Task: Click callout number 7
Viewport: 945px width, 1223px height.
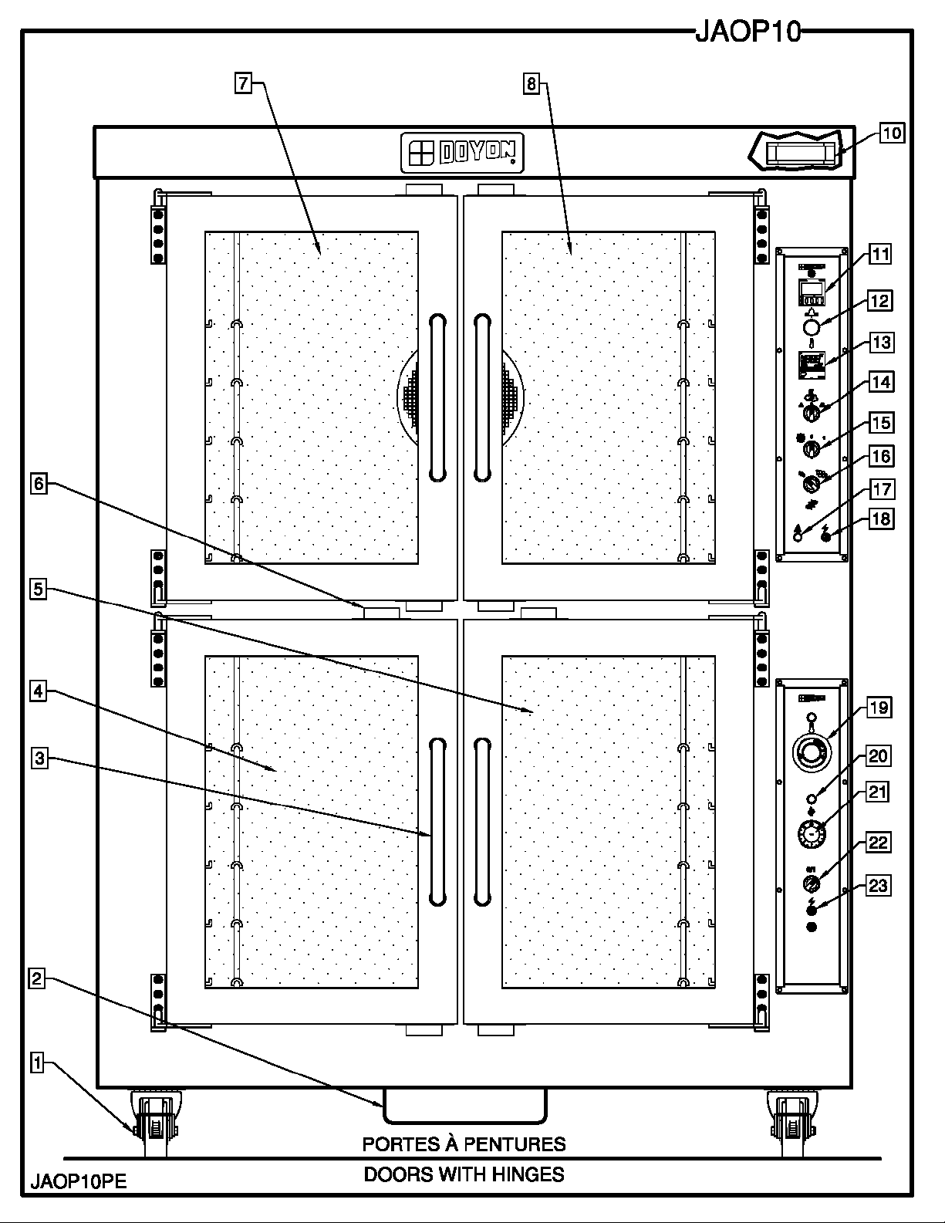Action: pyautogui.click(x=243, y=83)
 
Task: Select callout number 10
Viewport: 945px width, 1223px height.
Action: pyautogui.click(x=891, y=133)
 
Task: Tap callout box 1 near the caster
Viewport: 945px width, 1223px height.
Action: pyautogui.click(x=36, y=1063)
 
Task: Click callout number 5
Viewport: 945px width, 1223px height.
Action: pyautogui.click(x=39, y=590)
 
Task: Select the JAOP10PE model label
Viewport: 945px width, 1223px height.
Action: pyautogui.click(x=79, y=1181)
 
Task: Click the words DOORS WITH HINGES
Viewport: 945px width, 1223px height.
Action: pyautogui.click(x=464, y=1174)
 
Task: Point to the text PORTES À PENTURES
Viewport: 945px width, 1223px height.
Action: pyautogui.click(x=464, y=1144)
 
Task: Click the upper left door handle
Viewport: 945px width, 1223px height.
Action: pyautogui.click(x=438, y=397)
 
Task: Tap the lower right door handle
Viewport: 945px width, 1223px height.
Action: pyautogui.click(x=483, y=821)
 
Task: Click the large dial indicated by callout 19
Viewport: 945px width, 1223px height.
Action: pyautogui.click(x=811, y=751)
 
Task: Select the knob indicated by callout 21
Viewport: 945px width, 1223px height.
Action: pyautogui.click(x=811, y=836)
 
